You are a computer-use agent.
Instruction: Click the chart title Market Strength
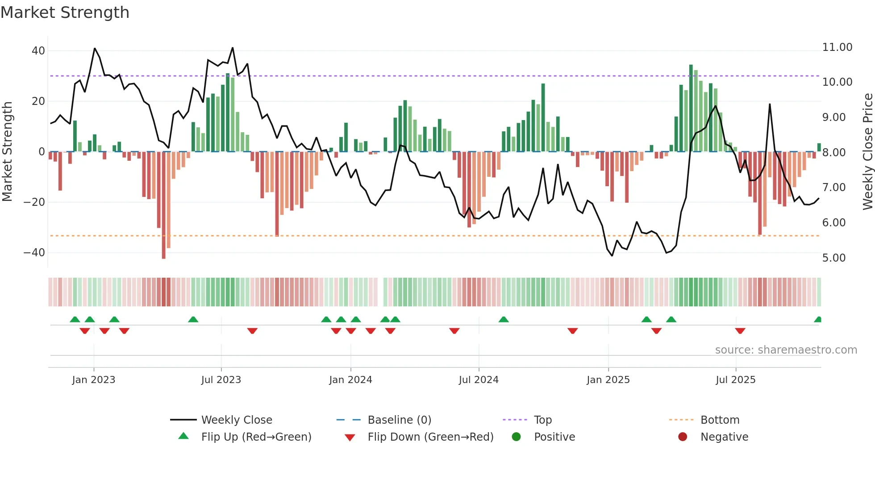pyautogui.click(x=65, y=13)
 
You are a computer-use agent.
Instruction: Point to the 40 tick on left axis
pyautogui.click(x=38, y=51)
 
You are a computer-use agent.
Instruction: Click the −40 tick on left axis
pyautogui.click(x=34, y=253)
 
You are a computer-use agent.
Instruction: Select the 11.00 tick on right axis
pyautogui.click(x=837, y=47)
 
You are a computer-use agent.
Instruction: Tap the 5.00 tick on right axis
pyautogui.click(x=833, y=258)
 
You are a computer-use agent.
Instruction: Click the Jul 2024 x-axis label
pyautogui.click(x=479, y=380)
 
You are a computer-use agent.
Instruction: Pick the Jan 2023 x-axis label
pyautogui.click(x=94, y=380)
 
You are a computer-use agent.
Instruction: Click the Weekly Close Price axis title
pyautogui.click(x=867, y=152)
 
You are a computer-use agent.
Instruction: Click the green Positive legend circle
pyautogui.click(x=517, y=437)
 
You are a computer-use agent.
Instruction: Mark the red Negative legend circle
pyautogui.click(x=683, y=437)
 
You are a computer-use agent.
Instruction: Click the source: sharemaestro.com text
pyautogui.click(x=786, y=350)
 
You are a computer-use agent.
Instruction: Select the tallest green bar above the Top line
pyautogui.click(x=691, y=107)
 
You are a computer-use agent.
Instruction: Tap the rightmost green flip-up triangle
pyautogui.click(x=818, y=320)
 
